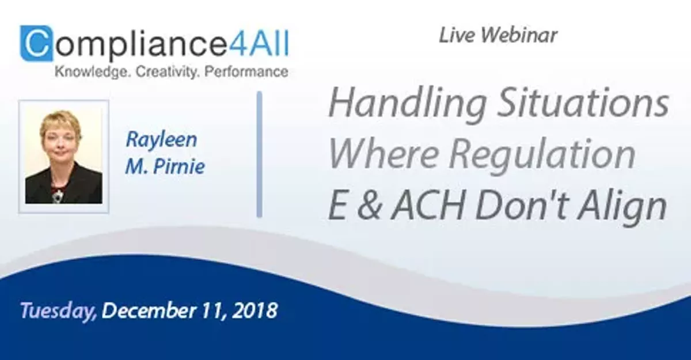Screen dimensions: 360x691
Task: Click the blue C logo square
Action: point(36,43)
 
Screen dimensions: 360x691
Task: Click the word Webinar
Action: point(520,36)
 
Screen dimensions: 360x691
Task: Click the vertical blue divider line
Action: point(259,154)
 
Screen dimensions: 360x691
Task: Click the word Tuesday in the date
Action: point(58,312)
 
